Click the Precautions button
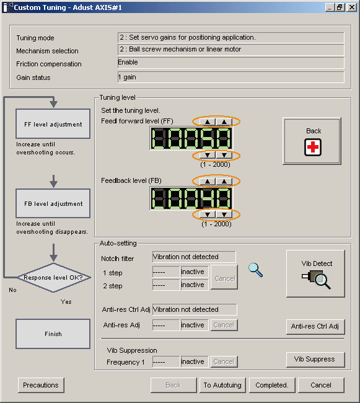click(41, 385)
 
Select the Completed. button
click(272, 385)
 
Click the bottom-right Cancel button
click(321, 385)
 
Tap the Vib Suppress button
click(315, 360)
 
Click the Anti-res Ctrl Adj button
click(315, 326)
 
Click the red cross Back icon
click(313, 148)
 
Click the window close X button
click(352, 7)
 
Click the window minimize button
click(330, 7)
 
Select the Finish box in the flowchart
click(53, 334)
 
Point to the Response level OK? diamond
click(54, 278)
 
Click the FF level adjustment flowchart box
click(53, 124)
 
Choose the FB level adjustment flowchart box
click(53, 203)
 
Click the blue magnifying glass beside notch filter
click(255, 270)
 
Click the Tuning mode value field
click(231, 38)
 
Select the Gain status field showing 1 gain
click(231, 77)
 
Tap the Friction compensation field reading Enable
click(231, 63)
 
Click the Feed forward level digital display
click(191, 138)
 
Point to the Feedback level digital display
click(191, 198)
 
